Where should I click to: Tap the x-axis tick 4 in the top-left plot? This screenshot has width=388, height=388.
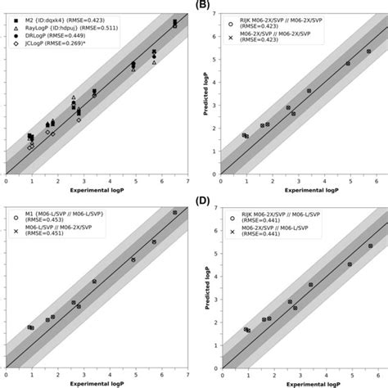[110, 181]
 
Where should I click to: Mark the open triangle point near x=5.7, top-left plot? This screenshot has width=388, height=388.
[154, 62]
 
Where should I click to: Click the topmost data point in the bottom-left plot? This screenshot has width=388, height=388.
[174, 213]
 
